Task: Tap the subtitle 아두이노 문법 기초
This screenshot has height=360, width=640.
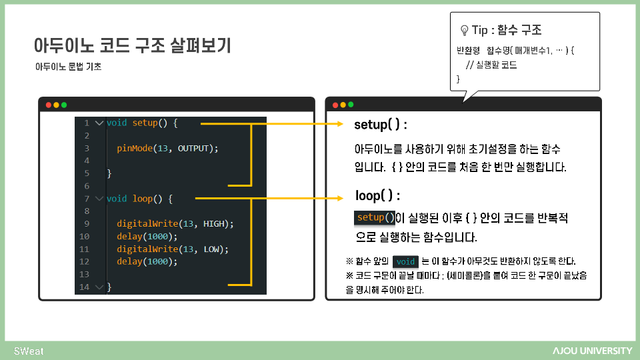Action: (69, 67)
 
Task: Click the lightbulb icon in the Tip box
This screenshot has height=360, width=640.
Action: (464, 31)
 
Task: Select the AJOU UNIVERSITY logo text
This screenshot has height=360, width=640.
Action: (592, 351)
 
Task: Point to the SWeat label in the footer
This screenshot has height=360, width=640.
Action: (29, 351)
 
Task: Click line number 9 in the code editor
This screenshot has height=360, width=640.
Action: (87, 224)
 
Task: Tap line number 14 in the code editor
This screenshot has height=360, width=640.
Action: (84, 287)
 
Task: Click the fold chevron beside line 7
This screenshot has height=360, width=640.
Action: (99, 199)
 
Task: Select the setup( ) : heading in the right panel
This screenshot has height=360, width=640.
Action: (381, 125)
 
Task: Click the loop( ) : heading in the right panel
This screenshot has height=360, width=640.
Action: (377, 196)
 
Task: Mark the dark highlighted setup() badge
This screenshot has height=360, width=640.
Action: (375, 217)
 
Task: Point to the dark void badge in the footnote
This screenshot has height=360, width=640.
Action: (405, 261)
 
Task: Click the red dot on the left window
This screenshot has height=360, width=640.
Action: (48, 105)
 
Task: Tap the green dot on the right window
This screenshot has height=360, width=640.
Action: (351, 105)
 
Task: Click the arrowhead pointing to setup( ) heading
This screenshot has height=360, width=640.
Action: (339, 124)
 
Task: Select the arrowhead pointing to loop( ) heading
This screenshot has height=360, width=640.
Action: (339, 198)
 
